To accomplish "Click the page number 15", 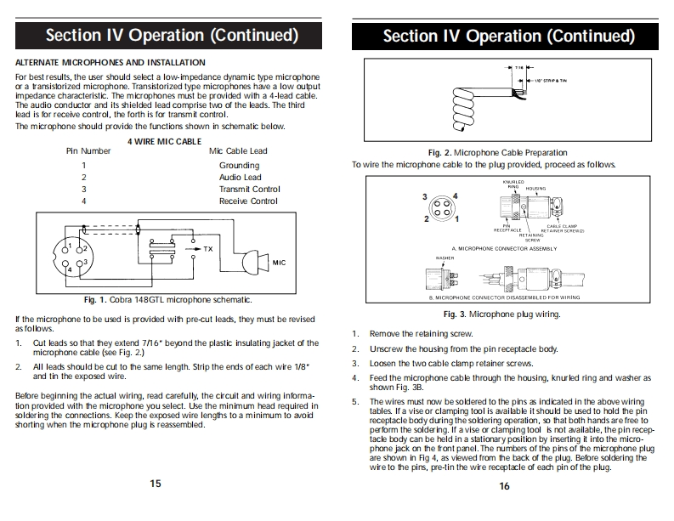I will tap(156, 483).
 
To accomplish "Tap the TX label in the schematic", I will tap(209, 249).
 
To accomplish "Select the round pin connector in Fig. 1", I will tap(74, 255).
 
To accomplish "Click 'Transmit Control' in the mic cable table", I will tap(249, 190).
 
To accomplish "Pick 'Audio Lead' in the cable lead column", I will tap(241, 178).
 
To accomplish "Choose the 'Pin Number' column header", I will tap(88, 151).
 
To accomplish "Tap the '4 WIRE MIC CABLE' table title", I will tap(165, 140).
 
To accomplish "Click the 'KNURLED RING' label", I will tap(514, 184).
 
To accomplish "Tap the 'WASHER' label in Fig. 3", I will tap(444, 258).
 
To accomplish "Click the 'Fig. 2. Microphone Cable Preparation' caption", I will tap(497, 153).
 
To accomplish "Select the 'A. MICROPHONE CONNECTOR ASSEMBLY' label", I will tap(516, 248).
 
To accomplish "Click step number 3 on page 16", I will tap(355, 364).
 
